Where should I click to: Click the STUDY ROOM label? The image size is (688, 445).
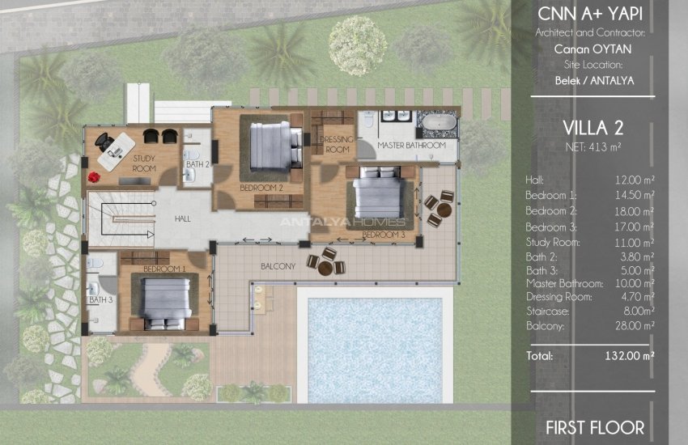(143, 165)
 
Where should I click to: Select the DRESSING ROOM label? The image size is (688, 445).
(335, 145)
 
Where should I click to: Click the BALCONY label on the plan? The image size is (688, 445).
(278, 265)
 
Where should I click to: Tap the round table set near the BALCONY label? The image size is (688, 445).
(326, 262)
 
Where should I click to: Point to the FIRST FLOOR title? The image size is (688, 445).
(594, 427)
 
